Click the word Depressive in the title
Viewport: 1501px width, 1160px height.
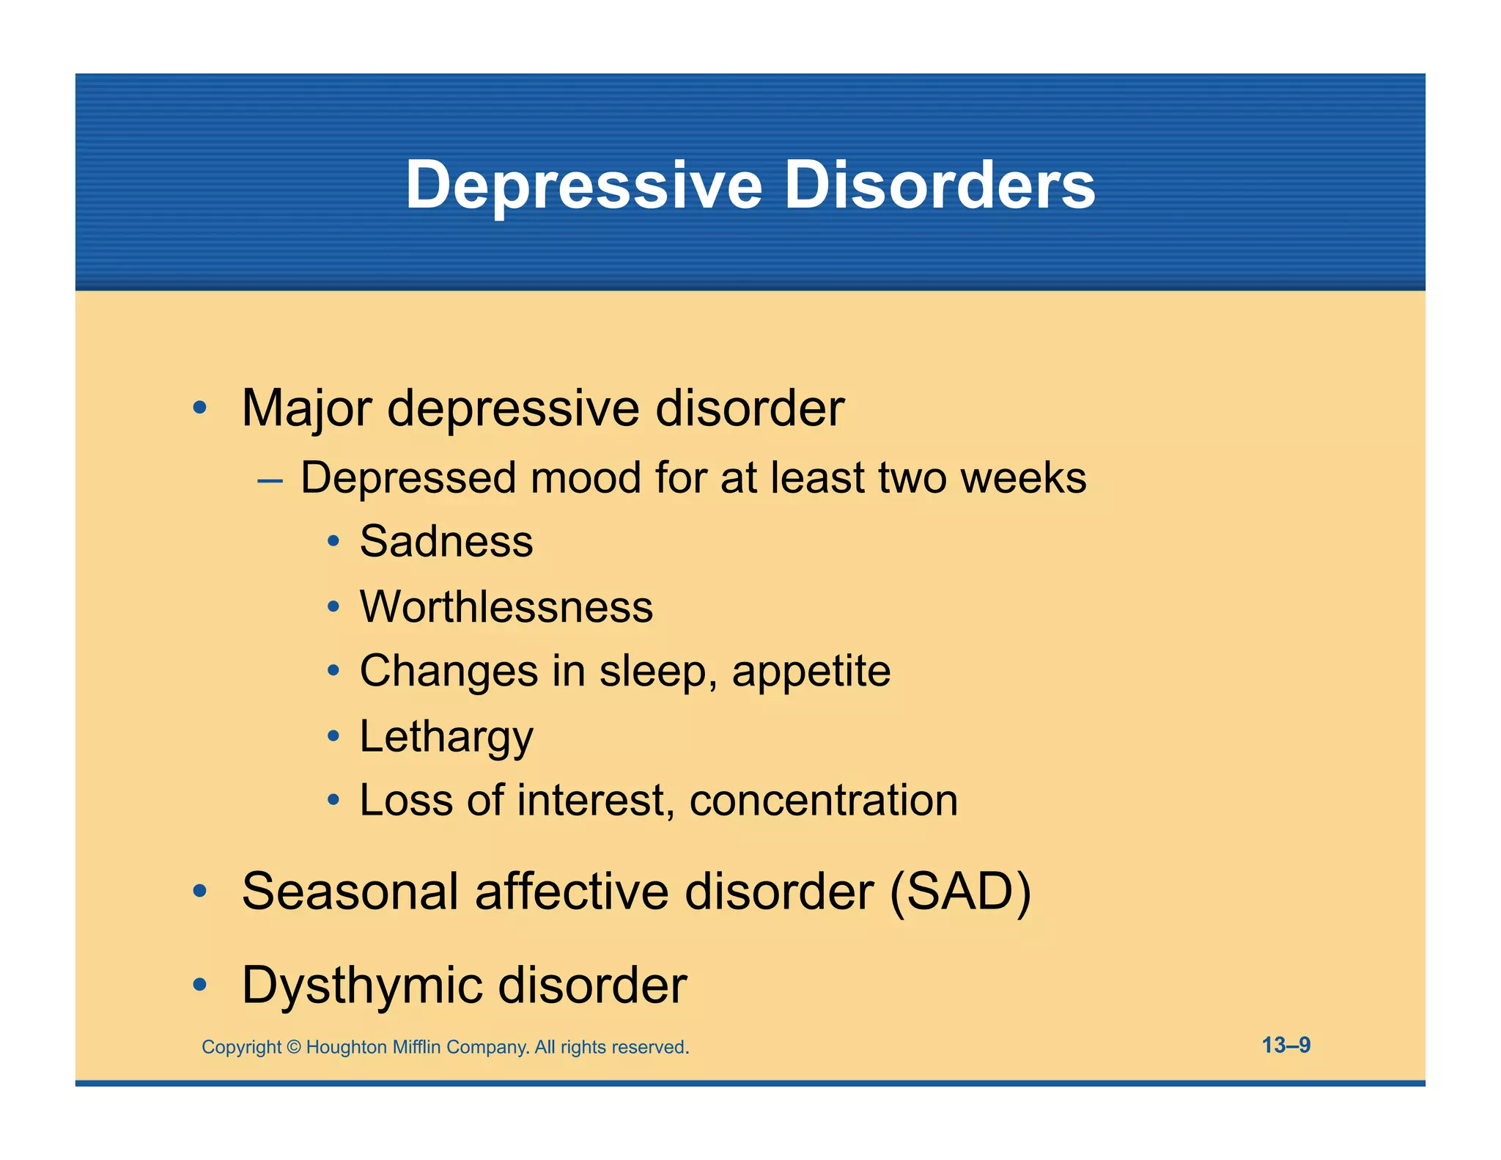584,185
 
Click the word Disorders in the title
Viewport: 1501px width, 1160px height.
940,185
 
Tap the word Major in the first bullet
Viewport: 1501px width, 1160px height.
306,408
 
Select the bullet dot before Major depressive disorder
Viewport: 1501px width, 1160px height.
199,408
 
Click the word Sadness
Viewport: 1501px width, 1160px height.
446,542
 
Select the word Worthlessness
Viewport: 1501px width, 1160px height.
506,607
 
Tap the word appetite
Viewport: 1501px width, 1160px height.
811,672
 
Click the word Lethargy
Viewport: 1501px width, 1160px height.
446,736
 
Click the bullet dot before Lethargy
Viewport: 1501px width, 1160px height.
333,735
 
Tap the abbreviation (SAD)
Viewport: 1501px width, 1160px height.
960,892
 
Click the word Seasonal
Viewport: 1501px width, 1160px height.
351,892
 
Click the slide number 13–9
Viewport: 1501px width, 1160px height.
1286,1045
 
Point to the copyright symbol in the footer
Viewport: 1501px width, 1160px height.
293,1047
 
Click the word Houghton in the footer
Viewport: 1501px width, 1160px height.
346,1047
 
